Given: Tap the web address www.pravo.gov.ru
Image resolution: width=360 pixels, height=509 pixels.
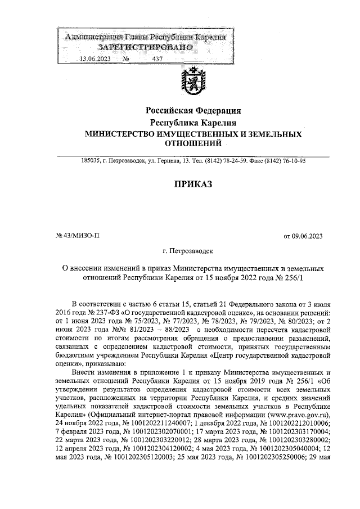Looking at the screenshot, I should pos(299,416).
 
